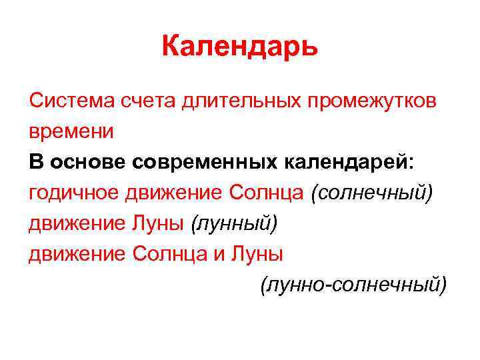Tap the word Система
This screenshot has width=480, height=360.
coord(71,101)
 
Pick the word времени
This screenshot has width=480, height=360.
coord(71,132)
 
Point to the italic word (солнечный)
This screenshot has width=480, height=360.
coord(372,193)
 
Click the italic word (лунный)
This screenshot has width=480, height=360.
coord(232,223)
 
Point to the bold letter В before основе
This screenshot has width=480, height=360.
coord(35,162)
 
